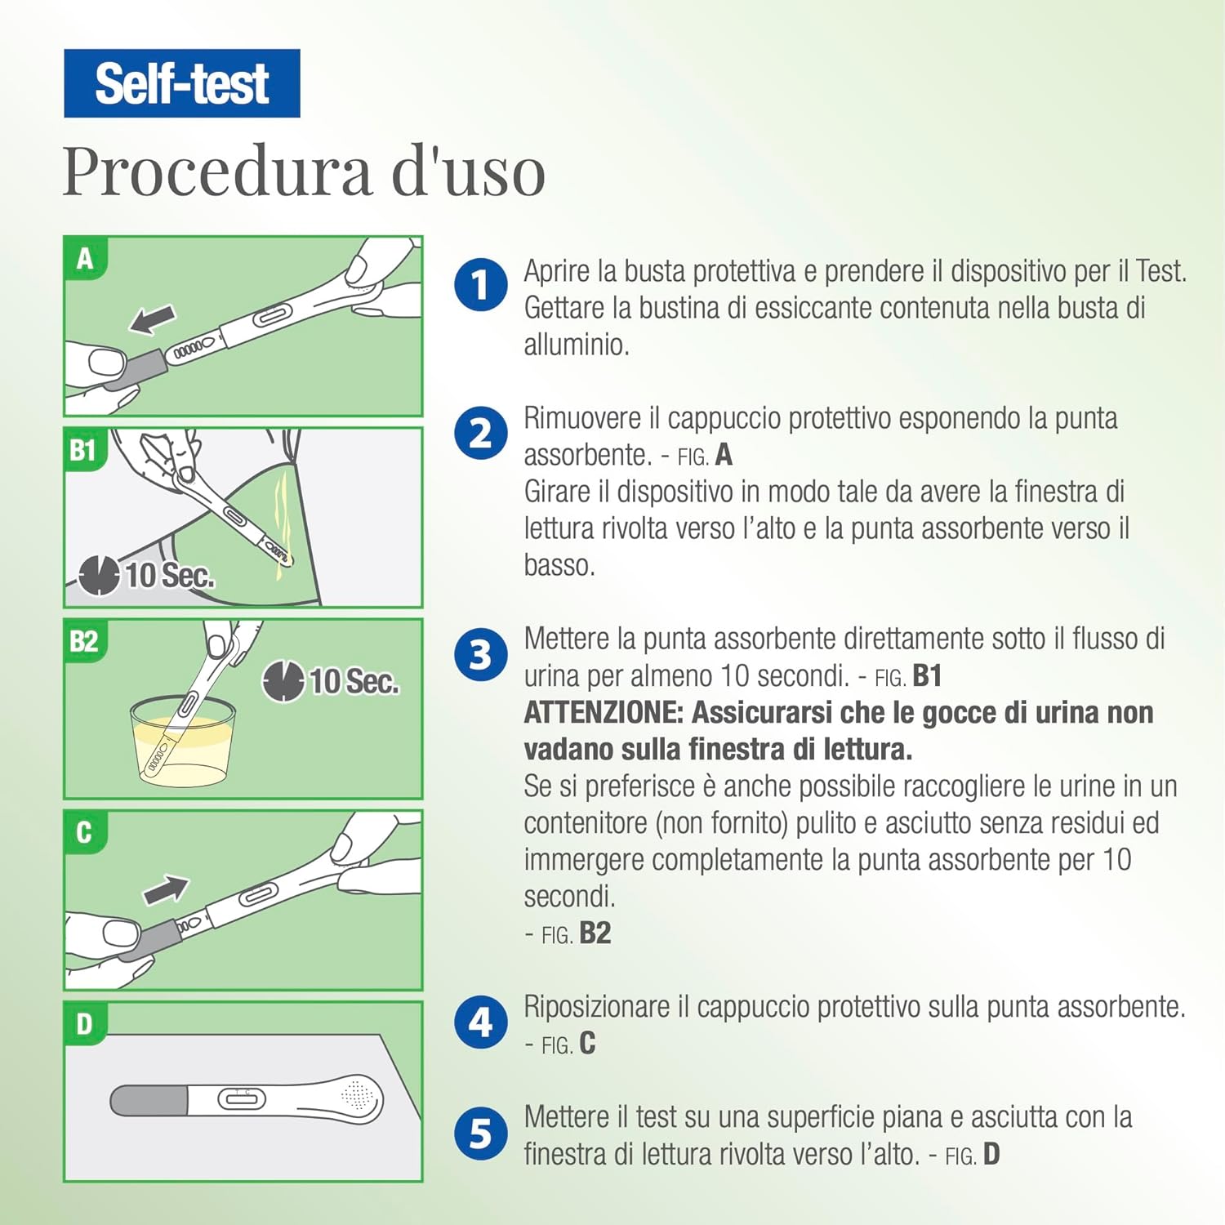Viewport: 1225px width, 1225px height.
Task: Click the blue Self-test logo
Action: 181,83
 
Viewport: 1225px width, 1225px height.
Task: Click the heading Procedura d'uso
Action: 304,171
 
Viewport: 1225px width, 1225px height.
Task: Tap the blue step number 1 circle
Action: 481,284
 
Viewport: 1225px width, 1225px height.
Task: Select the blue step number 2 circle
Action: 481,432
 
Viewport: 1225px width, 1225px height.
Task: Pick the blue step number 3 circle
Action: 481,653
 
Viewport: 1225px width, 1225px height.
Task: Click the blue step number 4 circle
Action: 481,1022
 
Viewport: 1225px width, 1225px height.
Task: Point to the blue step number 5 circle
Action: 481,1133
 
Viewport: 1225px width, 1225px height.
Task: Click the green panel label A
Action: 85,259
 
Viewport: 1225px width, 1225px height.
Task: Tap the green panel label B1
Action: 83,450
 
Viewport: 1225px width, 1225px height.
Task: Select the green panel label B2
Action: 84,641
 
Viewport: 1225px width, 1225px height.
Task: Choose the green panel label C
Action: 84,832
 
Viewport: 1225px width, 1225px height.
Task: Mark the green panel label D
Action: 85,1023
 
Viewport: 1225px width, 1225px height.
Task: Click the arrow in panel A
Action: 153,318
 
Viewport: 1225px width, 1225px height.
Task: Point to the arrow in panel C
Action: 166,889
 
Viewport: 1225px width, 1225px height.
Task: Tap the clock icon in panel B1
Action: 99,575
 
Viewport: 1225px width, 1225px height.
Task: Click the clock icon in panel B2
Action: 283,681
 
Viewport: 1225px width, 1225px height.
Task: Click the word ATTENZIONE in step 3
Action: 603,712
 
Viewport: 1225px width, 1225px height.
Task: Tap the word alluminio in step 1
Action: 576,345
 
